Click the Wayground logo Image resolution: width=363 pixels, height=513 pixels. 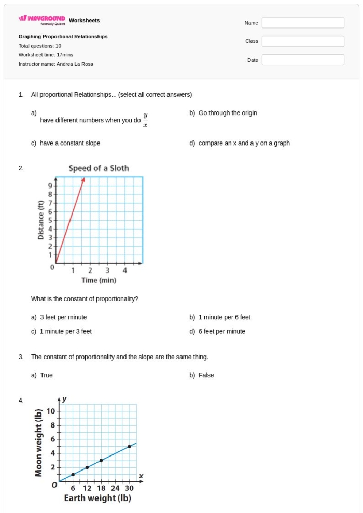click(42, 19)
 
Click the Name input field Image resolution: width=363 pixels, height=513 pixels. click(303, 23)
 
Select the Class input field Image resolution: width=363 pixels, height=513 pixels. click(303, 41)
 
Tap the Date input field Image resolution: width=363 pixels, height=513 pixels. click(303, 60)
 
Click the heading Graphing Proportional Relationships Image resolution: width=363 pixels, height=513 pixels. click(63, 37)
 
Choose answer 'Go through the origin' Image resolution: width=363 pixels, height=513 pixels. click(228, 113)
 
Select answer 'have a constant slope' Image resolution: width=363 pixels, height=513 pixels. click(70, 143)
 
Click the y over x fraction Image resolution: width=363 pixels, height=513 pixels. click(145, 120)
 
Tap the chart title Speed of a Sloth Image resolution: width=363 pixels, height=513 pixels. click(99, 168)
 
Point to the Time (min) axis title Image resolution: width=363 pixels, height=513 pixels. click(99, 280)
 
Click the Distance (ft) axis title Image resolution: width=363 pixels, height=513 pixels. click(40, 220)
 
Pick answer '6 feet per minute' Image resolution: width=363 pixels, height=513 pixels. click(222, 332)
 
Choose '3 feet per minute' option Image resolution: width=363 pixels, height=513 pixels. click(63, 317)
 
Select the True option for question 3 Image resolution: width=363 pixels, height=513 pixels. click(46, 375)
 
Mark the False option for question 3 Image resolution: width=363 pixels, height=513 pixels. click(206, 375)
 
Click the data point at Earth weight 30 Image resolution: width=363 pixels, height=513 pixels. click(129, 446)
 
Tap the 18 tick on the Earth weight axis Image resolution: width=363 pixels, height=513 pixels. click(101, 488)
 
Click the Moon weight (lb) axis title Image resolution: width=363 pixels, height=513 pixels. click(39, 443)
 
